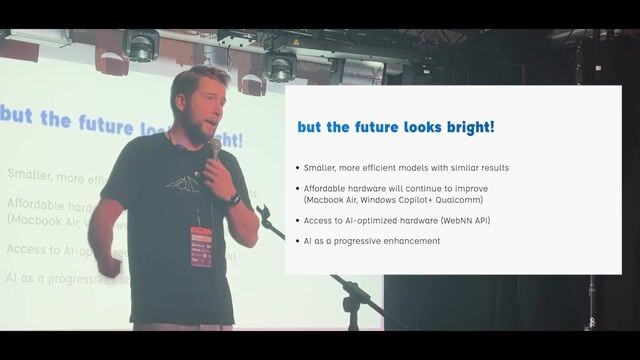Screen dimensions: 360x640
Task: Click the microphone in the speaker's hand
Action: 214,150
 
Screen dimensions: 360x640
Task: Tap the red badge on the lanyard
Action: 201,247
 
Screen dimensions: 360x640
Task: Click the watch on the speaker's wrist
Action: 233,199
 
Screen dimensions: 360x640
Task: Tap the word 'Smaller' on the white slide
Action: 321,167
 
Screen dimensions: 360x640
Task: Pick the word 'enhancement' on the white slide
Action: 410,241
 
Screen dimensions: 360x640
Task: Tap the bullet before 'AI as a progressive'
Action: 297,241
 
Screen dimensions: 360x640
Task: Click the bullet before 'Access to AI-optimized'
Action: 297,220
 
